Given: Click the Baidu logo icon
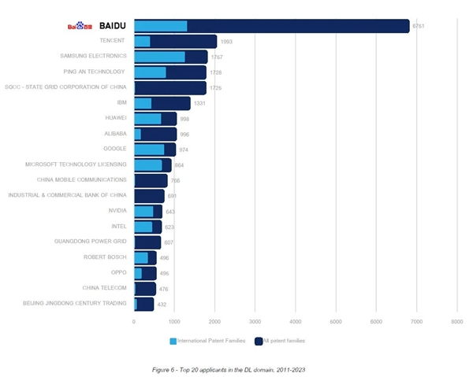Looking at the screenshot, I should click(x=81, y=26).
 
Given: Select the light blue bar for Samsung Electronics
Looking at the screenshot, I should click(x=160, y=57).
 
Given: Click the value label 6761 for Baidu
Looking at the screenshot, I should click(x=419, y=26).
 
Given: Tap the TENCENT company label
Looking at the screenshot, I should click(x=113, y=41).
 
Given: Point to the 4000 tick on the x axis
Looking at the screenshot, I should click(x=296, y=321).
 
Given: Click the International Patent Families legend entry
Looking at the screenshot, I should click(x=205, y=341).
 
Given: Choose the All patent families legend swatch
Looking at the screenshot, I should click(x=259, y=341).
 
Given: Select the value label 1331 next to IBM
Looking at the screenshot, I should click(x=199, y=103).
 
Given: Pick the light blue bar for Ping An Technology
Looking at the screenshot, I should click(x=151, y=72).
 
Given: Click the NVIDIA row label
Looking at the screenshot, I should click(x=117, y=211).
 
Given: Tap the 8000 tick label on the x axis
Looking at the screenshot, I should click(x=456, y=321).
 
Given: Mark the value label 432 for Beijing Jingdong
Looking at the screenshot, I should click(x=162, y=304).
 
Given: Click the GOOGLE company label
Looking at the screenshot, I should click(x=115, y=149).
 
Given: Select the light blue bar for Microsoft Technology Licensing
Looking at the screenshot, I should click(x=148, y=164).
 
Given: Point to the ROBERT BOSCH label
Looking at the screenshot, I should click(x=105, y=257).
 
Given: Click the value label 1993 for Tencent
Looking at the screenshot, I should click(x=226, y=42).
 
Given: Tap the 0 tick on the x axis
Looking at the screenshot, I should click(x=134, y=321).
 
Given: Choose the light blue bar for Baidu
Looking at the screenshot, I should click(x=161, y=26).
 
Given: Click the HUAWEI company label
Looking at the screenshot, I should click(x=116, y=118).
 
